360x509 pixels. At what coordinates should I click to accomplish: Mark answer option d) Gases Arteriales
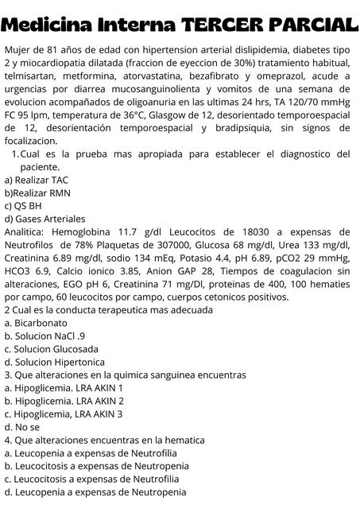45,219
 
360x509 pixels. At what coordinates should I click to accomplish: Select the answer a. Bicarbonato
36,323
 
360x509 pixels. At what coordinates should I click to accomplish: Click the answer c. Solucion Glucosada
52,348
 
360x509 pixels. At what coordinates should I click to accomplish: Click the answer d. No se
22,426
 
